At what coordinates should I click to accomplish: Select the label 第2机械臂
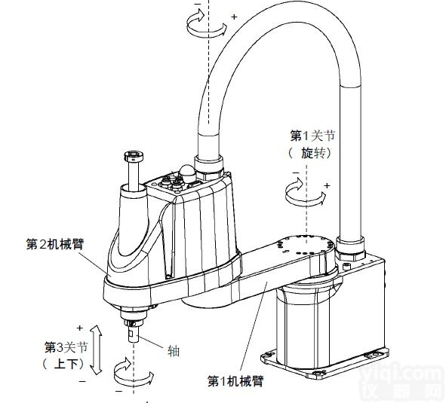coord(54,244)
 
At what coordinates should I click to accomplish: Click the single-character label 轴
coord(173,350)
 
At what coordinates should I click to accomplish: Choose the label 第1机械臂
coord(236,381)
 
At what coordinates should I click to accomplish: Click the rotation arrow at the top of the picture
coord(206,26)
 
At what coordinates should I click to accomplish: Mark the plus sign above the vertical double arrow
coord(79,328)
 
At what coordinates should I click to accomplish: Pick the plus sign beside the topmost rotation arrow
coord(233,15)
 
